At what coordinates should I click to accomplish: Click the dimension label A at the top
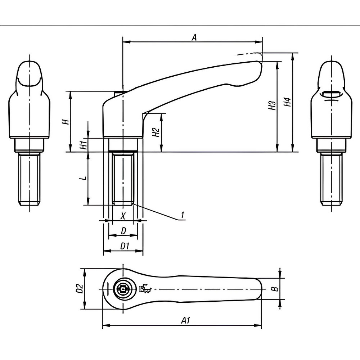pyautogui.click(x=194, y=37)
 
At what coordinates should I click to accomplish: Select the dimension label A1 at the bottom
pyautogui.click(x=185, y=320)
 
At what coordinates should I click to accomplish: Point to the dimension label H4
pyautogui.click(x=287, y=102)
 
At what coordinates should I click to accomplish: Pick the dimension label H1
pyautogui.click(x=83, y=145)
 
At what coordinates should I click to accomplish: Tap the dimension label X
pyautogui.click(x=123, y=216)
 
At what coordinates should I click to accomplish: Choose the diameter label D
pyautogui.click(x=123, y=231)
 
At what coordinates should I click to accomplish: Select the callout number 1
pyautogui.click(x=183, y=215)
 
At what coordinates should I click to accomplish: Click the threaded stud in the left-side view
pyautogui.click(x=29, y=178)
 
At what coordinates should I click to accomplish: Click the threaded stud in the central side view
pyautogui.click(x=123, y=179)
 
